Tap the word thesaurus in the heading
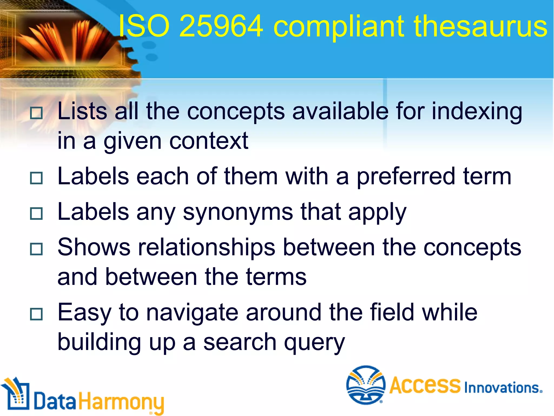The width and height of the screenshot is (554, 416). point(480,26)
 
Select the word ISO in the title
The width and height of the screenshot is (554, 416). point(144,26)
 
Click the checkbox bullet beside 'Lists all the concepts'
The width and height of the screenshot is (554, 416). point(36,113)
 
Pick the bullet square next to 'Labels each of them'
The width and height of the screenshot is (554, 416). point(36,178)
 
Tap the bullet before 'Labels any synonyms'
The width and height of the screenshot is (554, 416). point(36,213)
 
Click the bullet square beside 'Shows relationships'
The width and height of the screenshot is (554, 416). point(36,249)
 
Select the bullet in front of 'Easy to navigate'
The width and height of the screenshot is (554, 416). point(36,314)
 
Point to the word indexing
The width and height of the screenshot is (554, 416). point(477,112)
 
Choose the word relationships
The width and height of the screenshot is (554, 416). point(207,248)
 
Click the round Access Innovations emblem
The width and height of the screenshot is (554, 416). point(366,385)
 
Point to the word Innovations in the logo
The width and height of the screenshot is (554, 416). point(503,388)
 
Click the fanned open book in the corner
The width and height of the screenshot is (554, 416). point(70,41)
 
